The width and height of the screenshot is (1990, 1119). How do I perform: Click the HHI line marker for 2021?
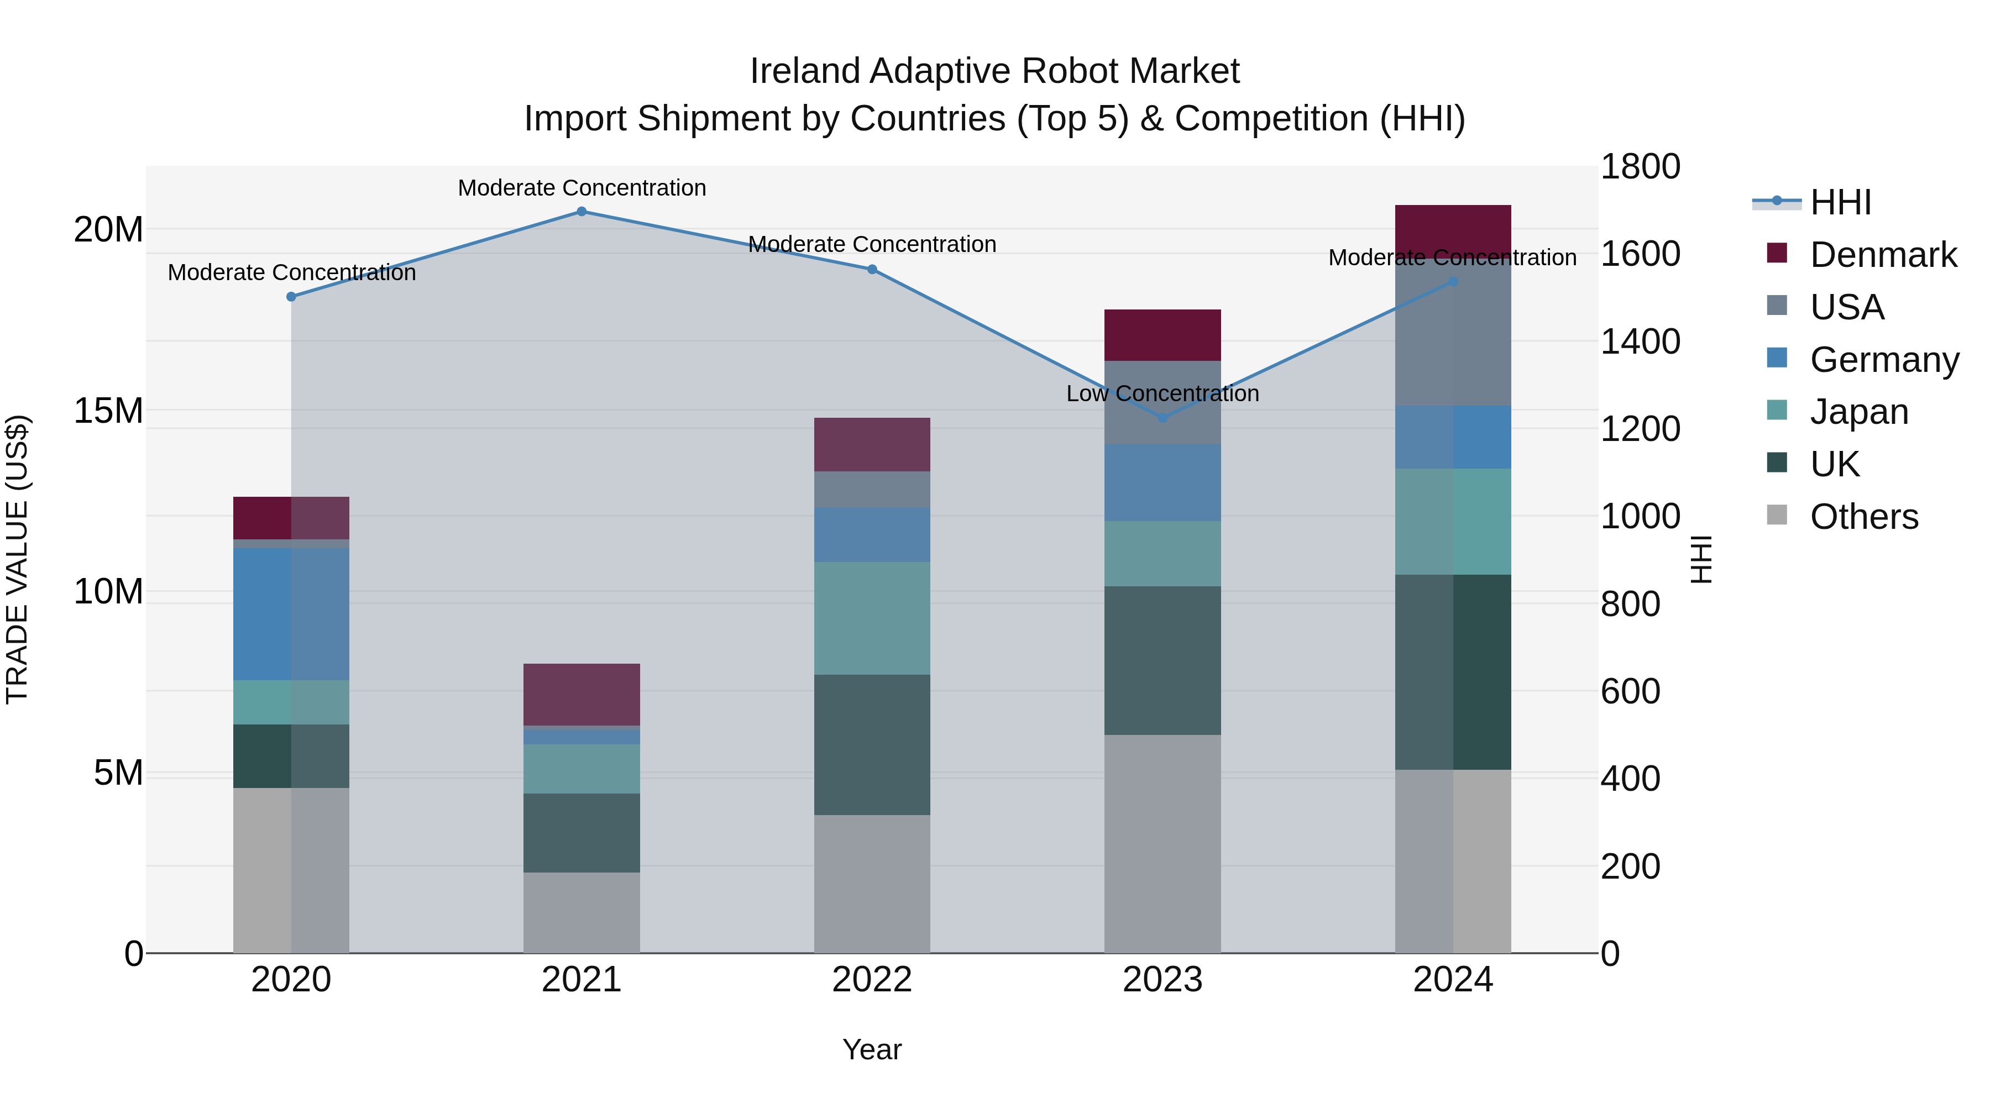(582, 212)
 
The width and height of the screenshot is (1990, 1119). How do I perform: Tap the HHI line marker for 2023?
(1162, 418)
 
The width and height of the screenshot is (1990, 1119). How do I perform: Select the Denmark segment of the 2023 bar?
(1162, 335)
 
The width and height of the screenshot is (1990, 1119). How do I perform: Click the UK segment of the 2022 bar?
(872, 744)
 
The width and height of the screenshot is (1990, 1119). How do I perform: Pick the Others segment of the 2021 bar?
(582, 913)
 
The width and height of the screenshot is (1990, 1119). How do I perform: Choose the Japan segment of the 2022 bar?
(872, 618)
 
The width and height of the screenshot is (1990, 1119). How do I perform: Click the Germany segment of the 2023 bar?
(1162, 482)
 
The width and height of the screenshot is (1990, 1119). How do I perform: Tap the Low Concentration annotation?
(1162, 394)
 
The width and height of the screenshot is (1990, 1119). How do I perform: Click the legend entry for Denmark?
(1883, 255)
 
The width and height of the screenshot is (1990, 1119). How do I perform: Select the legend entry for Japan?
(1858, 412)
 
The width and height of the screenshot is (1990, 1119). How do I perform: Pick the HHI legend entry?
(1840, 202)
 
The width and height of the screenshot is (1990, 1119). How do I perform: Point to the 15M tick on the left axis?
(108, 411)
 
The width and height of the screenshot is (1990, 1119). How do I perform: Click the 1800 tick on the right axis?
(1640, 167)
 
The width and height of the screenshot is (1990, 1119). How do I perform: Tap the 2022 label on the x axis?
(872, 980)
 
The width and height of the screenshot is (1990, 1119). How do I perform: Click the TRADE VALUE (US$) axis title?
(17, 559)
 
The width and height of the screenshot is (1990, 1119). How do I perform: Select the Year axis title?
(872, 1049)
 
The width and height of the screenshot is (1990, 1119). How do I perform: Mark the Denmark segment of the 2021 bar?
(582, 694)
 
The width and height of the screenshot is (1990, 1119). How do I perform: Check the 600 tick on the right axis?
(1630, 691)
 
